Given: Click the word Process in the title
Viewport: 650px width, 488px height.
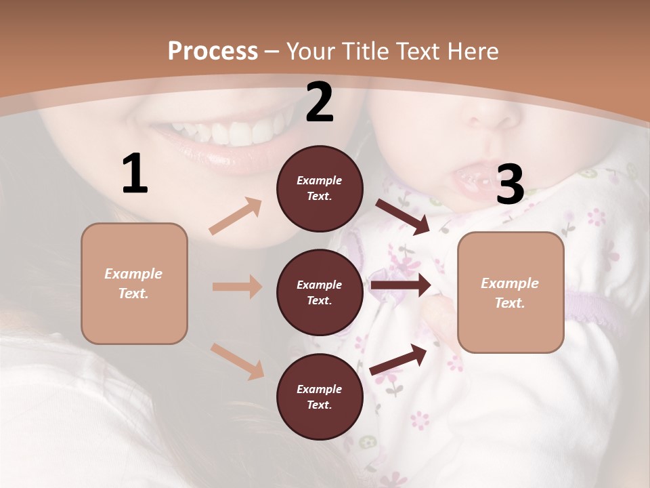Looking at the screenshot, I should pyautogui.click(x=213, y=52).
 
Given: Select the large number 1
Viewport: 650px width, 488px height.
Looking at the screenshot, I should pyautogui.click(x=135, y=174).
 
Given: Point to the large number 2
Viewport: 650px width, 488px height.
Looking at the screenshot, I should pyautogui.click(x=320, y=102).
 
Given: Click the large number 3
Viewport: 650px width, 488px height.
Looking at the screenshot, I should pyautogui.click(x=510, y=184).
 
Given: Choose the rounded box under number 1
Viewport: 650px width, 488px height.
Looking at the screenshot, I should pyautogui.click(x=134, y=283).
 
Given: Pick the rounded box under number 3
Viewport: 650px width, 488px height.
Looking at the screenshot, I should pyautogui.click(x=511, y=293).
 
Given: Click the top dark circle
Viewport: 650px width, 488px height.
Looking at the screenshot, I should pyautogui.click(x=320, y=188).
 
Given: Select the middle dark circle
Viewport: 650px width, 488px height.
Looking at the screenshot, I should pyautogui.click(x=320, y=292).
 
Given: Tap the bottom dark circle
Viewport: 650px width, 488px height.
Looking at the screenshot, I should pyautogui.click(x=320, y=396).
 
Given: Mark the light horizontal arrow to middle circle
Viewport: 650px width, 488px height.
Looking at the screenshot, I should pyautogui.click(x=237, y=287).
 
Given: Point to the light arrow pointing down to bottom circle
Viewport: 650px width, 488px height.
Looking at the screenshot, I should pyautogui.click(x=237, y=361).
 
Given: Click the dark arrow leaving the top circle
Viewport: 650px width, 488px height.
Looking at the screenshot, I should pyautogui.click(x=403, y=216).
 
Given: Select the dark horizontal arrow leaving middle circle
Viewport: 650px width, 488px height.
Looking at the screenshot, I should pyautogui.click(x=400, y=285).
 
